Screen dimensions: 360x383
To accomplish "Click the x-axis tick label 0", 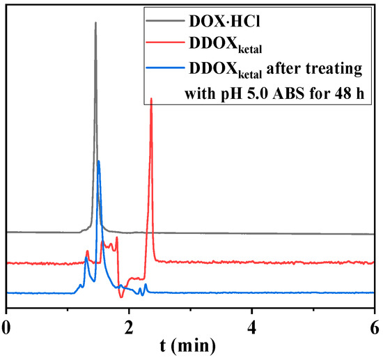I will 7,325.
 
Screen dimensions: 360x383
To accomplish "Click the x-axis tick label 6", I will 374,325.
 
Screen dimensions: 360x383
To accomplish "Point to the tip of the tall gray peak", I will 95,22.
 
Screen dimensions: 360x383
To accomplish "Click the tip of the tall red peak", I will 151,99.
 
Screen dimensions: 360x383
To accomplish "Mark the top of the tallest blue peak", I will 98,161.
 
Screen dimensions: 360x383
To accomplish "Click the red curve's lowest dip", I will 122,297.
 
